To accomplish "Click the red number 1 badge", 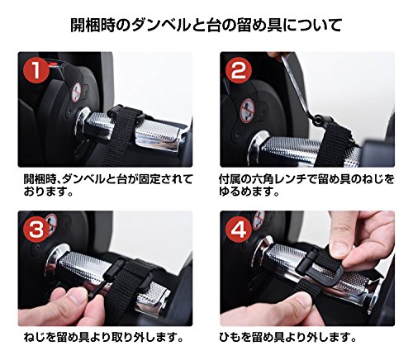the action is pos(36,69).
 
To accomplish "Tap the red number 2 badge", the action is pos(239,69).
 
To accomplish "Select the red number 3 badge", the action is pos(36,230).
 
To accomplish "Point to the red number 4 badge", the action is pos(239,230).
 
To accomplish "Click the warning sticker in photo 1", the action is pos(77,92).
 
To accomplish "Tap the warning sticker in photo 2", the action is pos(247,111).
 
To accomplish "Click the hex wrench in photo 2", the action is pos(299,85).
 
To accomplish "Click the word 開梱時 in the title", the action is pos(93,26).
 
